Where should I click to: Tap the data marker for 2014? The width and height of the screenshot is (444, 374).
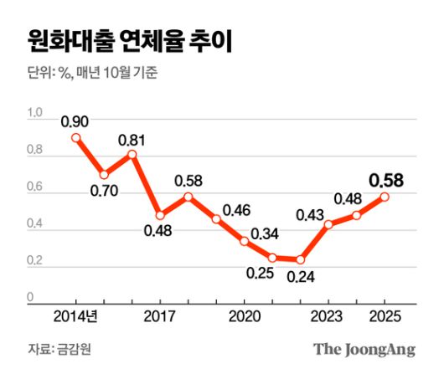click(x=76, y=138)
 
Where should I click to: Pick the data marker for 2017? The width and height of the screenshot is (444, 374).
click(x=160, y=215)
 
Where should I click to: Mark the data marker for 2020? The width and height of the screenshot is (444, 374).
click(x=244, y=241)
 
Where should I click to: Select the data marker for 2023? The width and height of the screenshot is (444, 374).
click(x=328, y=224)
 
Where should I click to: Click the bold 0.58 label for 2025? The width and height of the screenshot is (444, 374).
click(x=386, y=179)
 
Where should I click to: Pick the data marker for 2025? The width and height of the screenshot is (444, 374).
click(x=385, y=197)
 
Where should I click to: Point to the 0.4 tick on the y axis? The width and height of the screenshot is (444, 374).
click(x=34, y=223)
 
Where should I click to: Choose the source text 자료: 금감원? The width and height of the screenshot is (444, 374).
click(x=59, y=350)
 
